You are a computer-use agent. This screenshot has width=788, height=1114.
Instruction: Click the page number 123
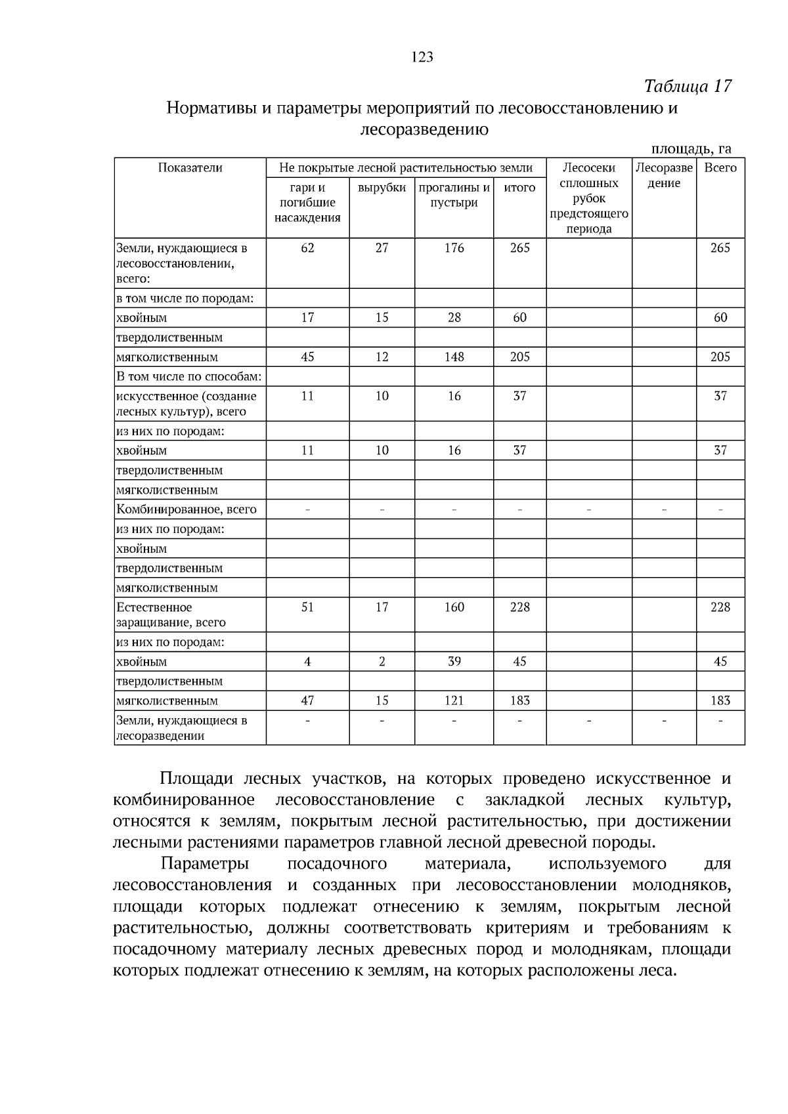click(x=422, y=57)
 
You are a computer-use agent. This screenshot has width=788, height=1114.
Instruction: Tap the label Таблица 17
click(x=688, y=86)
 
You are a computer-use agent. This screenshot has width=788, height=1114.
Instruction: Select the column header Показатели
click(x=190, y=168)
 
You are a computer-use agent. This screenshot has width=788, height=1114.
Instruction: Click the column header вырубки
click(x=382, y=188)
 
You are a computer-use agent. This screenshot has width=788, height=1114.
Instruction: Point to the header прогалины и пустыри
click(x=454, y=195)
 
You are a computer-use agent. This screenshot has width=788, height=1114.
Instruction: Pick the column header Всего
click(x=720, y=168)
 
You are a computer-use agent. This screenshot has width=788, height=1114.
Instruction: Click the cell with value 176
click(x=454, y=248)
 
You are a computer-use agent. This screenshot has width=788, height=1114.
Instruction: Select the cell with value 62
click(x=307, y=248)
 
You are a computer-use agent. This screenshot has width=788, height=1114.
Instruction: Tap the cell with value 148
click(x=454, y=357)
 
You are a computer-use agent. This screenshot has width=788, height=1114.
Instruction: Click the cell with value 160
click(x=454, y=607)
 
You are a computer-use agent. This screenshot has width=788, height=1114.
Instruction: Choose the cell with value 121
click(x=454, y=700)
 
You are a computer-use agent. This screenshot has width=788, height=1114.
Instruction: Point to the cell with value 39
click(x=454, y=662)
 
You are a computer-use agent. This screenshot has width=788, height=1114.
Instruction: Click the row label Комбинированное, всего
click(x=186, y=509)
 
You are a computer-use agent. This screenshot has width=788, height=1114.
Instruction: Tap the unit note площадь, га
click(x=691, y=149)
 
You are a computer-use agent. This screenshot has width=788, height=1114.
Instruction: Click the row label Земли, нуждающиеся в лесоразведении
click(x=181, y=728)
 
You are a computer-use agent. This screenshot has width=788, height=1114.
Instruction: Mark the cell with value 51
click(x=307, y=607)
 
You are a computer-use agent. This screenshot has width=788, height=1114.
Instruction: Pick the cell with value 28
click(x=454, y=318)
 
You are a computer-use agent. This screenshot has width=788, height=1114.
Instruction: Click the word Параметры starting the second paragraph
click(x=204, y=863)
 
